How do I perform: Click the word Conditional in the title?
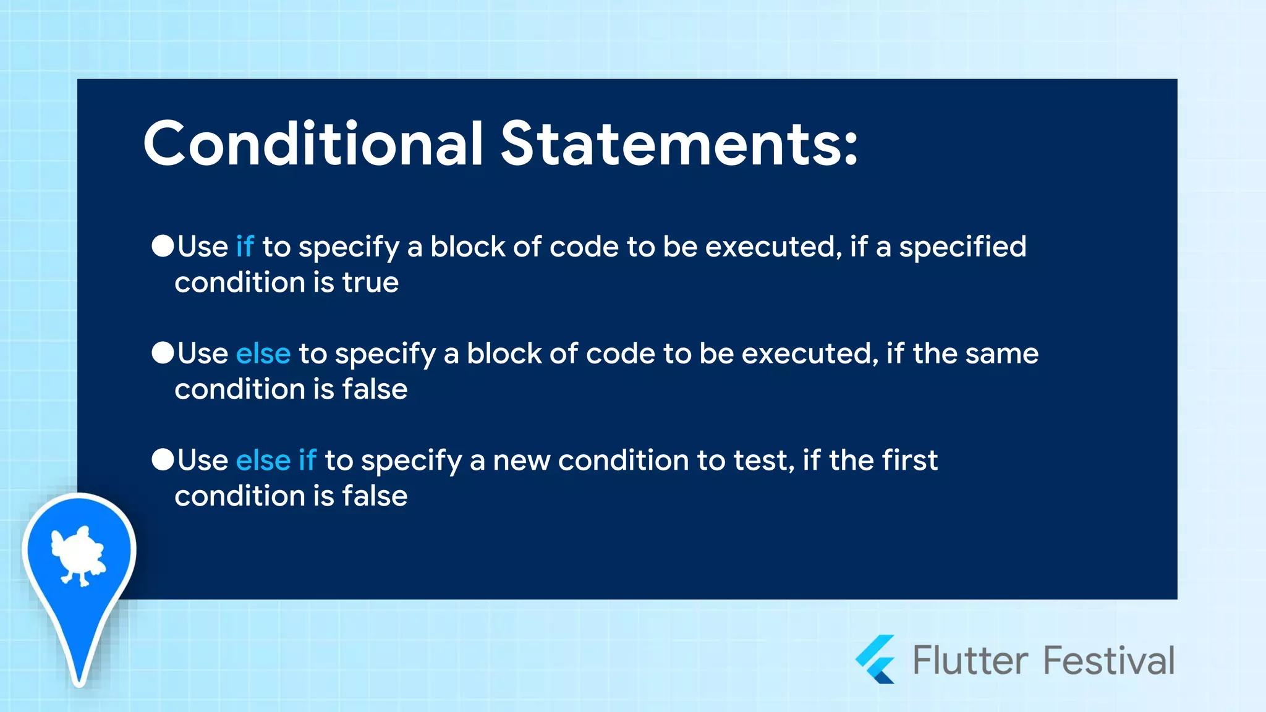click(312, 144)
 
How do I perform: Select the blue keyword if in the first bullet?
click(245, 247)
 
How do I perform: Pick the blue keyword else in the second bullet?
click(263, 354)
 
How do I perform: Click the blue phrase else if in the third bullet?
click(276, 461)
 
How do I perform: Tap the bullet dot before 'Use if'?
click(163, 246)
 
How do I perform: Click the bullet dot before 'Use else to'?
click(163, 353)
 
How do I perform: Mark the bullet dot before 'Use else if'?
click(163, 460)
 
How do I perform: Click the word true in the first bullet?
click(370, 283)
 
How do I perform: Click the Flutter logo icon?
click(876, 659)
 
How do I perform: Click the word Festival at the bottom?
click(1109, 660)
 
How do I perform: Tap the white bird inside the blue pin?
click(78, 555)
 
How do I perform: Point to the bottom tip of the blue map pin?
click(80, 680)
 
